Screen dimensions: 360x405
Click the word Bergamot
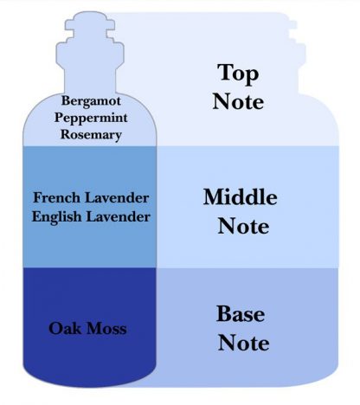click(x=91, y=101)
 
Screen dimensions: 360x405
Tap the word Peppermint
click(x=91, y=119)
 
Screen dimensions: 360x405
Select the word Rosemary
click(x=91, y=135)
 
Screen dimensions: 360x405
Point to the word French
click(x=56, y=197)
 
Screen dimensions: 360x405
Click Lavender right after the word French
click(x=117, y=197)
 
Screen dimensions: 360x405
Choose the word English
click(x=56, y=217)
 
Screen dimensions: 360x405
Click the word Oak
click(x=65, y=328)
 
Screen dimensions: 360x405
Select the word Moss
click(x=106, y=329)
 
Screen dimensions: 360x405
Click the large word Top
click(x=238, y=74)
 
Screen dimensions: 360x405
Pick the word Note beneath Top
click(x=238, y=101)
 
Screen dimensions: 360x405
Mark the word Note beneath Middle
click(x=243, y=226)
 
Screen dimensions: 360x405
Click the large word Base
click(x=241, y=314)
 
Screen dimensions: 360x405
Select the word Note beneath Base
click(x=243, y=343)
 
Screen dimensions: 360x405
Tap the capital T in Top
click(x=225, y=72)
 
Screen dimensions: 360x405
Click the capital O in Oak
click(x=55, y=329)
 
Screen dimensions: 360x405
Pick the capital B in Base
click(x=224, y=313)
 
